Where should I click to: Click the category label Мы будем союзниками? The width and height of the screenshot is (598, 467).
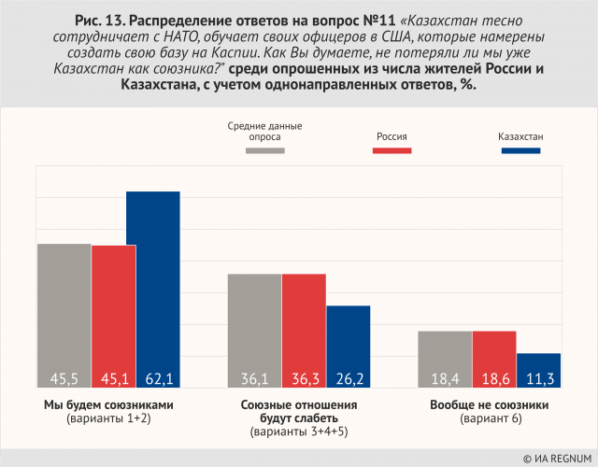pyautogui.click(x=109, y=405)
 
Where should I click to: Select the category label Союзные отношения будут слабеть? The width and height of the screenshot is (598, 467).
pyautogui.click(x=299, y=412)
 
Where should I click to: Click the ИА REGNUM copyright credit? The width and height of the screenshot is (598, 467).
pyautogui.click(x=556, y=458)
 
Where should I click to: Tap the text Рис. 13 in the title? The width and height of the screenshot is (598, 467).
pyautogui.click(x=104, y=19)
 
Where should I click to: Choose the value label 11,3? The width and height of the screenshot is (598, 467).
pyautogui.click(x=539, y=379)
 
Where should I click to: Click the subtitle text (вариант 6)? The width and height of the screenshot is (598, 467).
pyautogui.click(x=490, y=419)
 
